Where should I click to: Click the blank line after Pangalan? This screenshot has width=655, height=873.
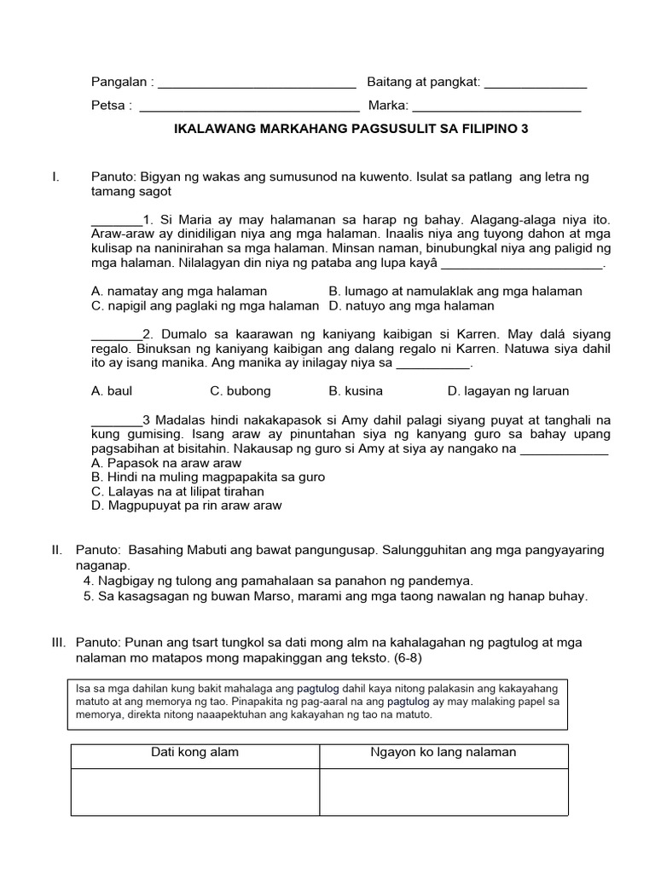[x=257, y=84]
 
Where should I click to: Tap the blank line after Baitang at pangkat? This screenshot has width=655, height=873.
[x=535, y=84]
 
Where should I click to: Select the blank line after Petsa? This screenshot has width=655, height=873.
[x=249, y=107]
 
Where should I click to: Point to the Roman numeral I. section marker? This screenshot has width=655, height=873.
[x=55, y=177]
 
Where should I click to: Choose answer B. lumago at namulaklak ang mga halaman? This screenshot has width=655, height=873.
[x=455, y=292]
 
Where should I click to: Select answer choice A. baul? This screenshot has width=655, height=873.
[x=112, y=391]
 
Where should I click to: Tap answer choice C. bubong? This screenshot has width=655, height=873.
[x=241, y=391]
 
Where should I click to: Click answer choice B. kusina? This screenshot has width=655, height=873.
[x=356, y=391]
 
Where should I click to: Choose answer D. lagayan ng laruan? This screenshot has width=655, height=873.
[x=508, y=391]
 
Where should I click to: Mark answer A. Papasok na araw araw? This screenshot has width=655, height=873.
[x=166, y=464]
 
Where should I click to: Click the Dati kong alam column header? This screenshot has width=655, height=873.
[x=195, y=753]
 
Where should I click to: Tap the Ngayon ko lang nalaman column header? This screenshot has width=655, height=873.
[x=443, y=753]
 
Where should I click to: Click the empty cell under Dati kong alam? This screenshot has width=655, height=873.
[x=195, y=792]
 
